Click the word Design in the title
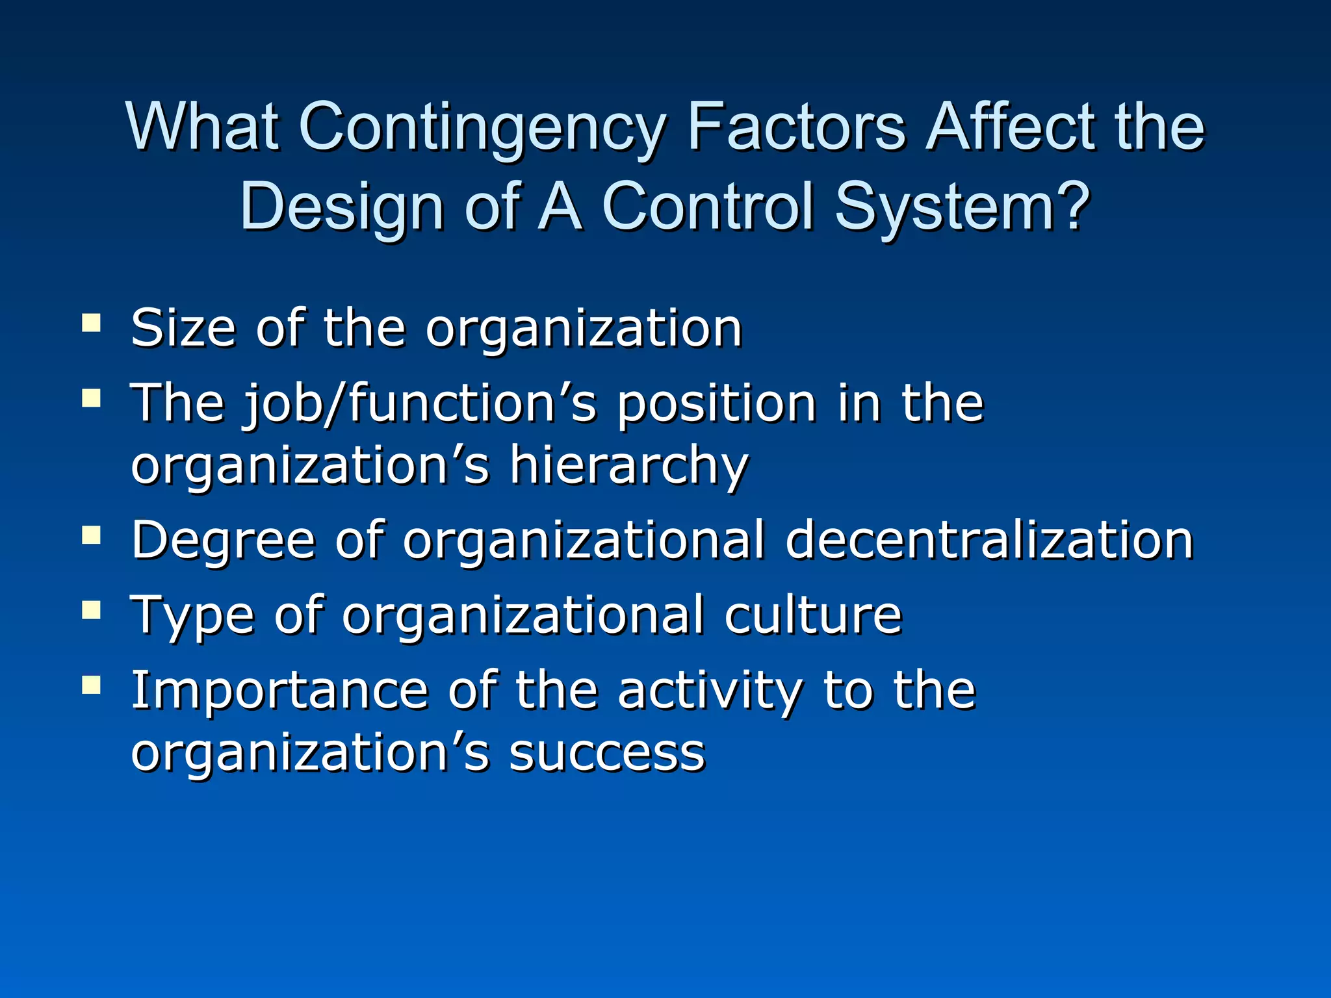342,208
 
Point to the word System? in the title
962,208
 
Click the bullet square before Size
92,323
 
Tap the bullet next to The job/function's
92,398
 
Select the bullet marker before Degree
92,535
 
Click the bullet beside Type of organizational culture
92,610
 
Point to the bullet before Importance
92,685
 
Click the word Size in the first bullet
183,328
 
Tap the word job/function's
420,404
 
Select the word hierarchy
628,466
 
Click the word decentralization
989,540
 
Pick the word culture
812,615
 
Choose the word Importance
279,691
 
